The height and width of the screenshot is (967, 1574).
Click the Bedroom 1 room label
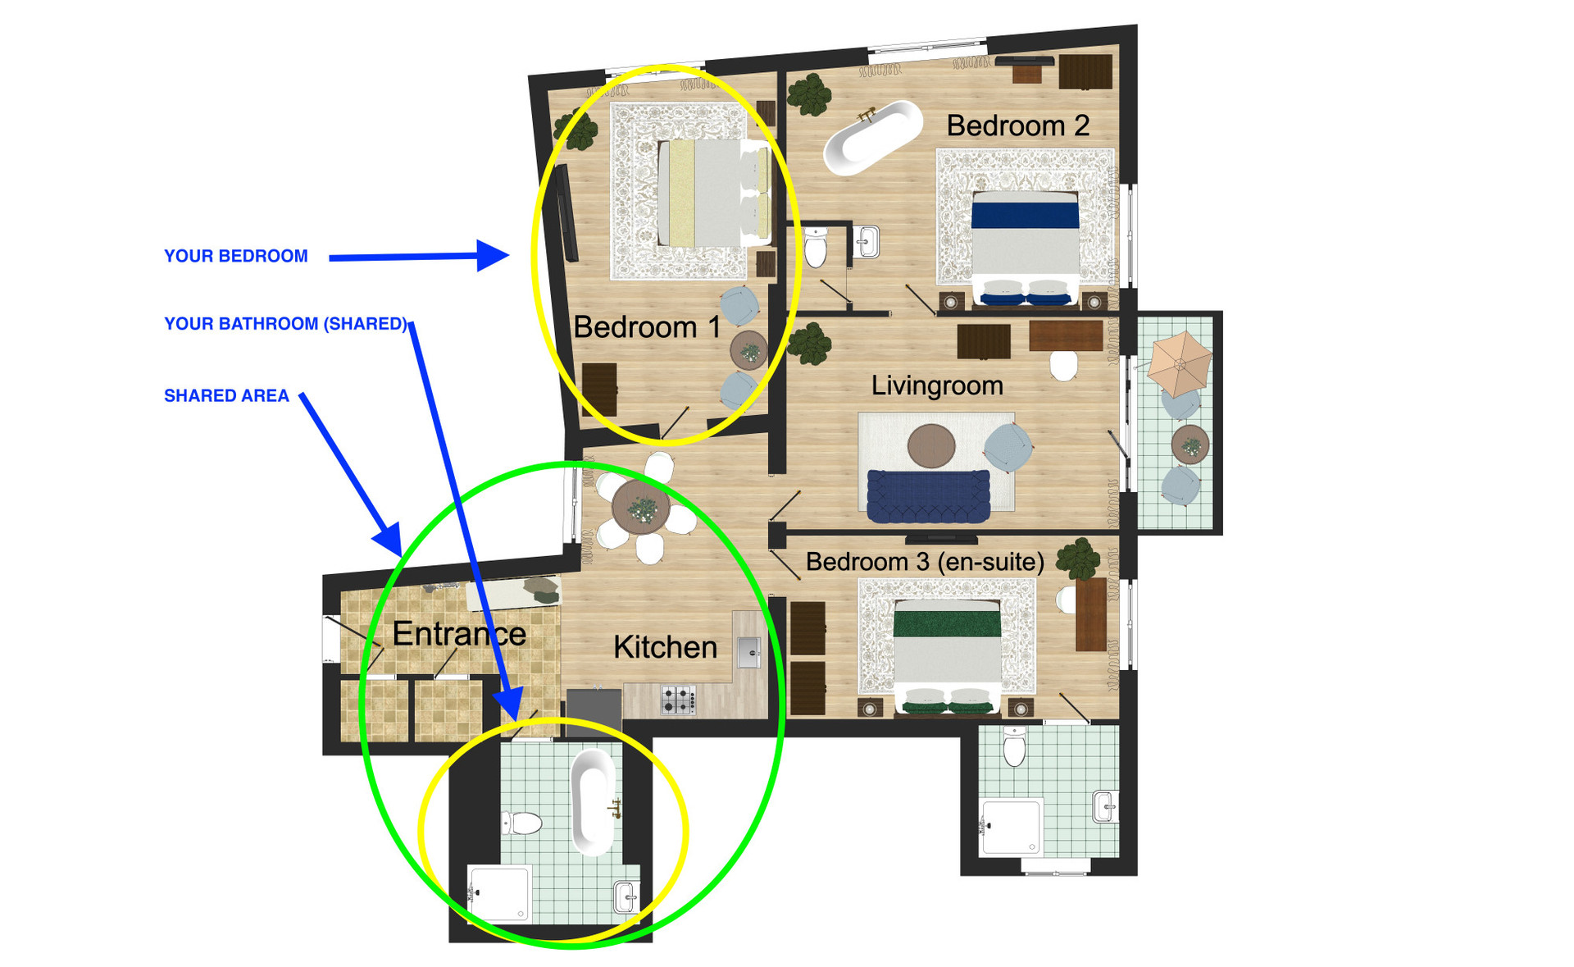pos(647,327)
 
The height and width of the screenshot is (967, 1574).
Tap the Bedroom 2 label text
pos(1018,125)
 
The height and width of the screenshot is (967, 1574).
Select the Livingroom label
pos(937,385)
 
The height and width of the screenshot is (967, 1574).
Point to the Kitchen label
pos(665,647)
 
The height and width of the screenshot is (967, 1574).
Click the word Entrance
pos(459,633)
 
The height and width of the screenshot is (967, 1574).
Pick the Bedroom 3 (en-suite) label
pos(925,562)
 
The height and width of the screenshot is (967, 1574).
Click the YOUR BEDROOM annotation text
pos(236,256)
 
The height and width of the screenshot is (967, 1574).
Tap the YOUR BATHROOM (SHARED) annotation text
pos(285,324)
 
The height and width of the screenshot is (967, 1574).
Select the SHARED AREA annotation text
pos(226,396)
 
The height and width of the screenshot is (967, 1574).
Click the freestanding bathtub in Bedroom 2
pos(873,138)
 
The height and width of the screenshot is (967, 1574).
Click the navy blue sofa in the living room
pos(928,496)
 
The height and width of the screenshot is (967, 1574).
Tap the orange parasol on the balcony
pos(1179,363)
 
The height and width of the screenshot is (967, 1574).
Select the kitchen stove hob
pos(678,700)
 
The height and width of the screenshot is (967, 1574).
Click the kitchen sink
pos(748,652)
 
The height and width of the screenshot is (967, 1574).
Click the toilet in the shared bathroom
pos(521,823)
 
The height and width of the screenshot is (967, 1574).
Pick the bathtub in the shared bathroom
pos(593,801)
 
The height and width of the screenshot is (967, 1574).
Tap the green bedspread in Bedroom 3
pos(947,623)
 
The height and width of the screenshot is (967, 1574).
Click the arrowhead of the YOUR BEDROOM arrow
pos(494,255)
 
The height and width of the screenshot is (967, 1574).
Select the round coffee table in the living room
pos(931,445)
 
